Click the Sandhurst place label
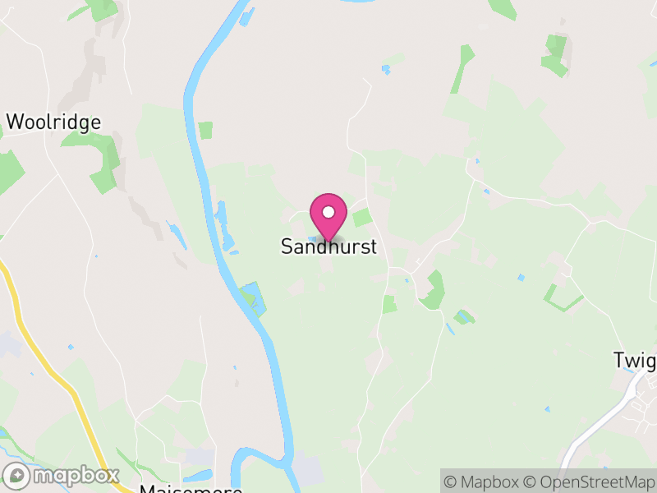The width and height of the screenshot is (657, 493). coord(328,246)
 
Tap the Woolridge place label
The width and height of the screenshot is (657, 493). coord(53,122)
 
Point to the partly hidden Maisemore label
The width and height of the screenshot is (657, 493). coord(191,488)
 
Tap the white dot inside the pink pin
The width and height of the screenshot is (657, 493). coord(328,212)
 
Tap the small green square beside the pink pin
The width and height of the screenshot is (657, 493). coord(361,218)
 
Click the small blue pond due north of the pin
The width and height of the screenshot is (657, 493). coord(385,70)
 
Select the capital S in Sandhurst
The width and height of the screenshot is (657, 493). coord(287,246)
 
